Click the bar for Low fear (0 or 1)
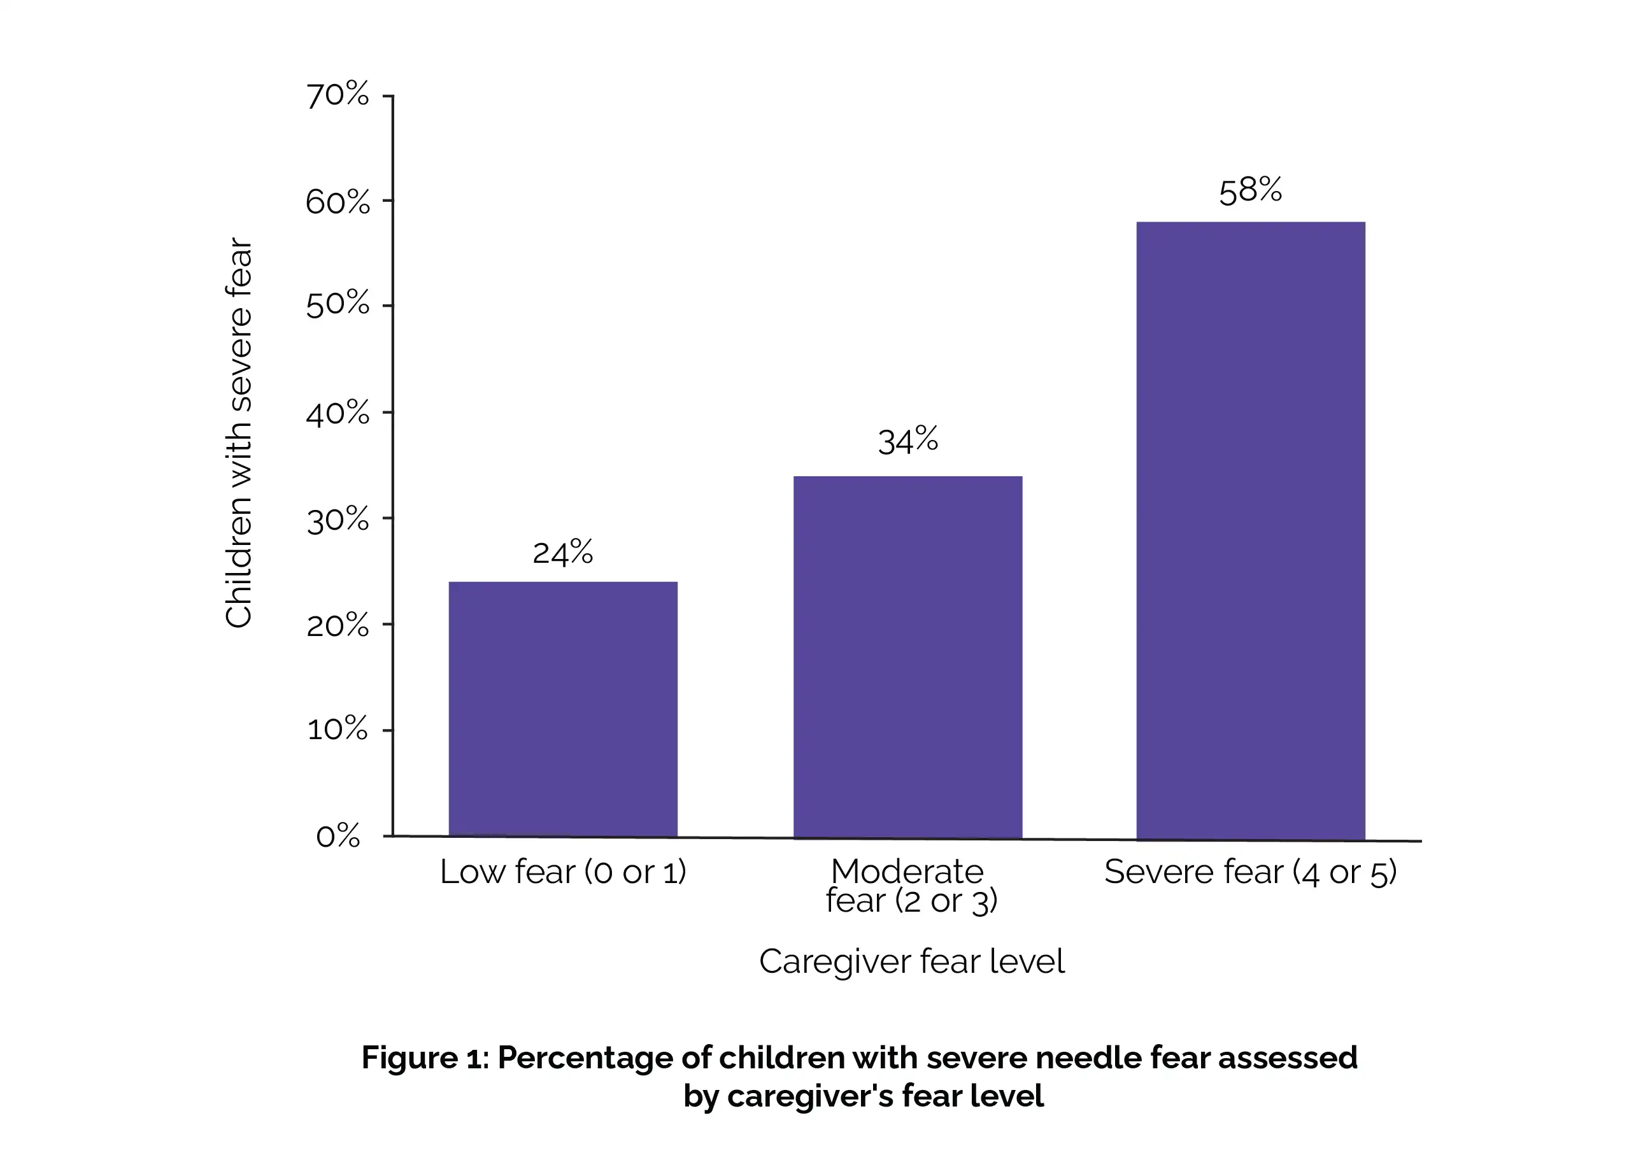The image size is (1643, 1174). [562, 709]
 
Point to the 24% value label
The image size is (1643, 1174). [562, 553]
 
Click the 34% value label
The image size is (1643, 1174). [907, 441]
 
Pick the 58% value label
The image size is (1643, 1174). [1250, 191]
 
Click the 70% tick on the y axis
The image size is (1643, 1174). [338, 95]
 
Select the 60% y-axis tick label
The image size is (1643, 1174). [338, 202]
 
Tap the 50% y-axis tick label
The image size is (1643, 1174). [338, 305]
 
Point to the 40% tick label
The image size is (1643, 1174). [338, 413]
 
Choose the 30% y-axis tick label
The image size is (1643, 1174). [338, 519]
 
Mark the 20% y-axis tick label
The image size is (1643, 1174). [338, 625]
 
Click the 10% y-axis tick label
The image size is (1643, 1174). [338, 730]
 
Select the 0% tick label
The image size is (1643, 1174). [338, 837]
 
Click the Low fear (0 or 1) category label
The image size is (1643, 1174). [562, 872]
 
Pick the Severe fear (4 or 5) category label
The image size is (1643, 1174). [1250, 872]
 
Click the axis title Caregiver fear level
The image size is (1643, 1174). [911, 961]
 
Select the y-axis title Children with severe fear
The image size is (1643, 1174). [239, 434]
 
